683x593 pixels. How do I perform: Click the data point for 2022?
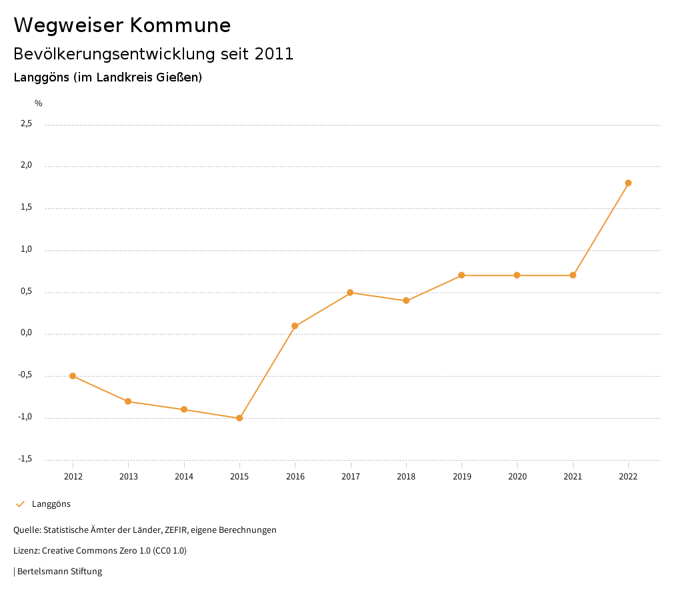coord(628,183)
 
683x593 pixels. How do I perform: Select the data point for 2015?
coord(239,418)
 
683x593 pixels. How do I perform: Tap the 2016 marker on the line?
coord(295,326)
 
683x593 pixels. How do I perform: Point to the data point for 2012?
coord(73,376)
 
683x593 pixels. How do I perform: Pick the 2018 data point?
coord(406,301)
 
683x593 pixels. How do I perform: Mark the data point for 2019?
coord(462,275)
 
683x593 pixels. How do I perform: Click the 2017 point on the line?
coord(350,292)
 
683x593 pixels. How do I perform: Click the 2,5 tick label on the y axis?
coord(26,124)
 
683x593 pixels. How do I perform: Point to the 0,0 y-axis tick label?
coord(26,333)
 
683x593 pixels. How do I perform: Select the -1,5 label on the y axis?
coord(25,459)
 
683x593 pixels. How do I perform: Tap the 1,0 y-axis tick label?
coord(26,249)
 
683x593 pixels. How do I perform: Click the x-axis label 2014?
coord(184,476)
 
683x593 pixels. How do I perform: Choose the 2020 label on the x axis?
coord(518,476)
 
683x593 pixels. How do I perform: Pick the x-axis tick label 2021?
coord(573,476)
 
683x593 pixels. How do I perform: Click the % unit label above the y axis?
coord(39,103)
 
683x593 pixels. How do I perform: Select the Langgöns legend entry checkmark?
coord(20,504)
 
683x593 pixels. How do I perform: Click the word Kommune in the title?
coord(180,25)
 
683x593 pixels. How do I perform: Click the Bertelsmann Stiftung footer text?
coord(59,572)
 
